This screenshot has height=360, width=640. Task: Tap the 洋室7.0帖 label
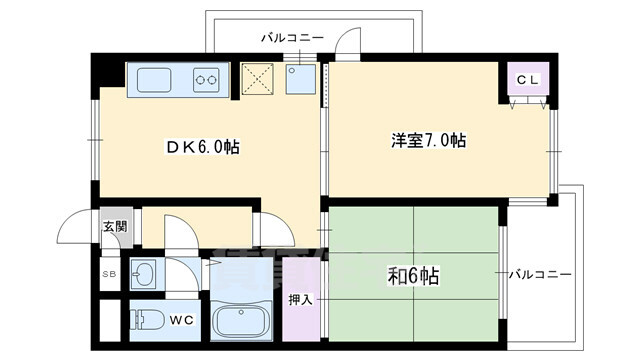[429, 140]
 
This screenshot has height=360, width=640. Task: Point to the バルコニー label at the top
[292, 37]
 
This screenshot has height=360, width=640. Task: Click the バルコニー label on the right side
[539, 273]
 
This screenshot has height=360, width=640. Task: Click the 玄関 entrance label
[114, 226]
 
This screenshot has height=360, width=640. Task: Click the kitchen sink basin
[155, 79]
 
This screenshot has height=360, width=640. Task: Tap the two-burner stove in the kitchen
[207, 79]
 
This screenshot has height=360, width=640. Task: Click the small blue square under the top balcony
[300, 79]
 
